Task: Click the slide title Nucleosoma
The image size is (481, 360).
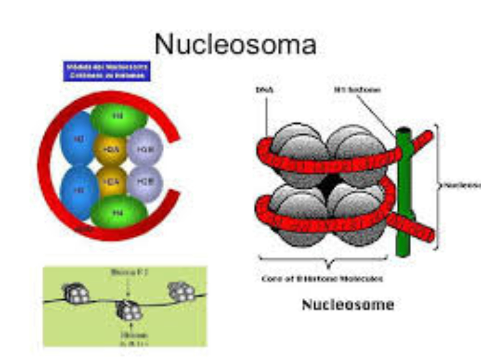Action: tap(235, 44)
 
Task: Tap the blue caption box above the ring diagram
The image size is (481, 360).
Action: tap(106, 71)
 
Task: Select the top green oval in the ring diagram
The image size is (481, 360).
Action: tap(118, 117)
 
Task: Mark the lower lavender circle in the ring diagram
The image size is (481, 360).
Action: tap(143, 181)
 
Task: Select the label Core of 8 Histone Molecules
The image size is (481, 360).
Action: tap(322, 279)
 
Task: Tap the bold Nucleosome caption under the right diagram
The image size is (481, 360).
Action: tap(348, 304)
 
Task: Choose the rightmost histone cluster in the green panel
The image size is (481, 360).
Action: tap(181, 291)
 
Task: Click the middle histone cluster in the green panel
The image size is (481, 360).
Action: tap(128, 309)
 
